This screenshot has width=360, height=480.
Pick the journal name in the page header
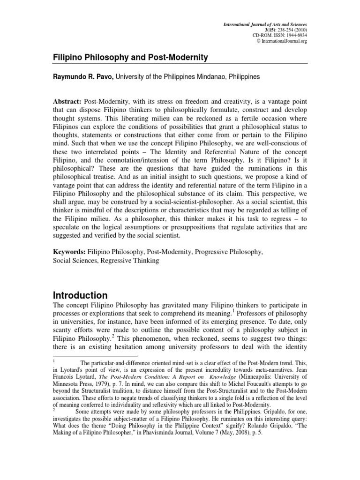(x=265, y=23)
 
